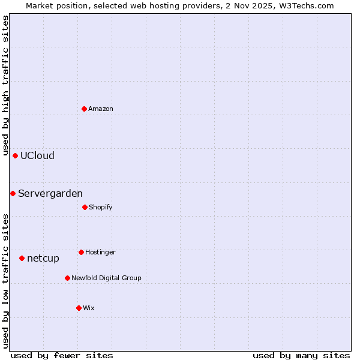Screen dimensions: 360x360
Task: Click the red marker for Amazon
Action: [x=84, y=109]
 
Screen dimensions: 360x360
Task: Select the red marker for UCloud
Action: [x=15, y=155]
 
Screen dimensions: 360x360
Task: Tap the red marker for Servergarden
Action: [x=13, y=193]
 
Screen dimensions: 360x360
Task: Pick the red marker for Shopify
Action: [x=85, y=207]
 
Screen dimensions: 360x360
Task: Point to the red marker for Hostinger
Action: [x=81, y=252]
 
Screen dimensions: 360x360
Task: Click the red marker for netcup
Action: [x=22, y=258]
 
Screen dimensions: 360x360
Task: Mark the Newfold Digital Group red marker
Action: [x=67, y=278]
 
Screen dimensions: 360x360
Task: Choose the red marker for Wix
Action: [x=79, y=308]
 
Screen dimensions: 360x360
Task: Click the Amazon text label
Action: [x=101, y=109]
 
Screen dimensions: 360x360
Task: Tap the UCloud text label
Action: [x=37, y=156]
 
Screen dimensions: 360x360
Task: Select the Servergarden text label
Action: [x=50, y=194]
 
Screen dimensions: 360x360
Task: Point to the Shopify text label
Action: [x=101, y=208]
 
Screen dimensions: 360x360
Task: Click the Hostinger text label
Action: [x=100, y=253]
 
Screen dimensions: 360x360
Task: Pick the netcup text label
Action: [x=43, y=259]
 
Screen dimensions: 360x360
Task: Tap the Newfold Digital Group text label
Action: [x=106, y=278]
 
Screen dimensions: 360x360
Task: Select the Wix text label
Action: [x=89, y=308]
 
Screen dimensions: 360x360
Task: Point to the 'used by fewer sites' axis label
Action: [x=62, y=355]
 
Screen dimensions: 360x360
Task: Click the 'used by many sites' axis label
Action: [x=301, y=355]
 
